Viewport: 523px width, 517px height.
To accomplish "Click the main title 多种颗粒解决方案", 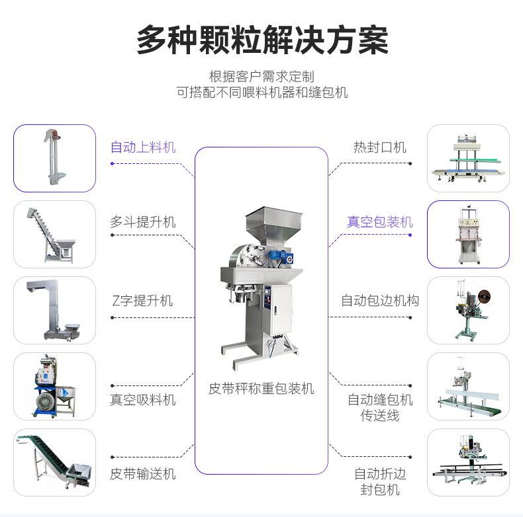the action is click(x=263, y=40).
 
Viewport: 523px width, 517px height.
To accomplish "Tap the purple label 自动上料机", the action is click(x=143, y=147).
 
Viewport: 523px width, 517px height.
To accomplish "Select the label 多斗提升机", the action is click(x=143, y=222).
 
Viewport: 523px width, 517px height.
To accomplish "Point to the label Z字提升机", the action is click(x=142, y=300).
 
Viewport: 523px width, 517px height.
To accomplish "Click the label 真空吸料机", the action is click(x=143, y=400).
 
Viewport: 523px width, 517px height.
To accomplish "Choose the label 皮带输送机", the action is click(x=143, y=473).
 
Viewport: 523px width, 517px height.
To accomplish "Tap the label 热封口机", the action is click(x=380, y=147).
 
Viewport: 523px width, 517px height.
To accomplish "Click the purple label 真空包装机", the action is click(x=380, y=222).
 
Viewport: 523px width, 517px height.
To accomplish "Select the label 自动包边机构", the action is click(x=380, y=300).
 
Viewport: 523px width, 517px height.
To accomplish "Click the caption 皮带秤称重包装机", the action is click(x=261, y=389).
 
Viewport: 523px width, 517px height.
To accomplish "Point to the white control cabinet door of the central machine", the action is click(x=281, y=310).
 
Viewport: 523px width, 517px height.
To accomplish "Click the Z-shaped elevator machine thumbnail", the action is click(x=54, y=310).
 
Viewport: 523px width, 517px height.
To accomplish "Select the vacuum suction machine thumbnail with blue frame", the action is click(x=54, y=386).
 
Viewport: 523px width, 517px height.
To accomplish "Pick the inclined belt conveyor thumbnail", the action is click(x=54, y=461).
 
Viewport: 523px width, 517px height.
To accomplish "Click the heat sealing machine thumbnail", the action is click(x=468, y=158).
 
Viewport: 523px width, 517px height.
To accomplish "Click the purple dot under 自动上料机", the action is click(x=113, y=163).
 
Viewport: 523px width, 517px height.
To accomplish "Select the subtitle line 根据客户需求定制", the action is click(x=262, y=77).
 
